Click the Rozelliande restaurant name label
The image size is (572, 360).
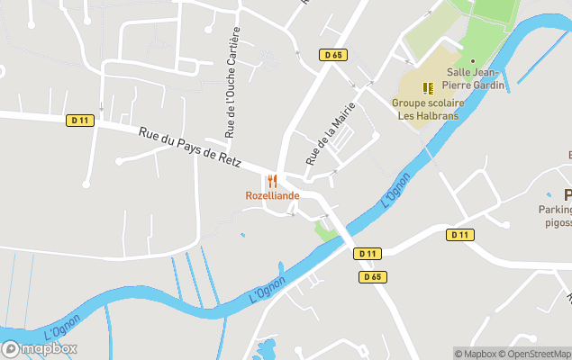[272, 195]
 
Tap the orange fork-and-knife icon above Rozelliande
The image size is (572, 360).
[272, 181]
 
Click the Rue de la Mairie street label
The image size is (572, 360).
[330, 134]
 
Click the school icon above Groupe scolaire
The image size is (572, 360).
[429, 88]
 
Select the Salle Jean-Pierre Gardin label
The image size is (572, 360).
[473, 79]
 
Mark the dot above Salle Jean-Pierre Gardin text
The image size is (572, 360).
[472, 61]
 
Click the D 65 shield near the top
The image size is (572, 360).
[332, 55]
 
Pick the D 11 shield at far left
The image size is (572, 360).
[79, 120]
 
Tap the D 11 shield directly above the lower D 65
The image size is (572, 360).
[367, 254]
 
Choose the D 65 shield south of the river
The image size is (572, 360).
[372, 276]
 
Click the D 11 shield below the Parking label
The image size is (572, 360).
[459, 235]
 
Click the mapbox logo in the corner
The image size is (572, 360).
[40, 349]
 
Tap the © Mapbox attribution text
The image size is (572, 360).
[476, 354]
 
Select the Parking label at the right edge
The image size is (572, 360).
[555, 210]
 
